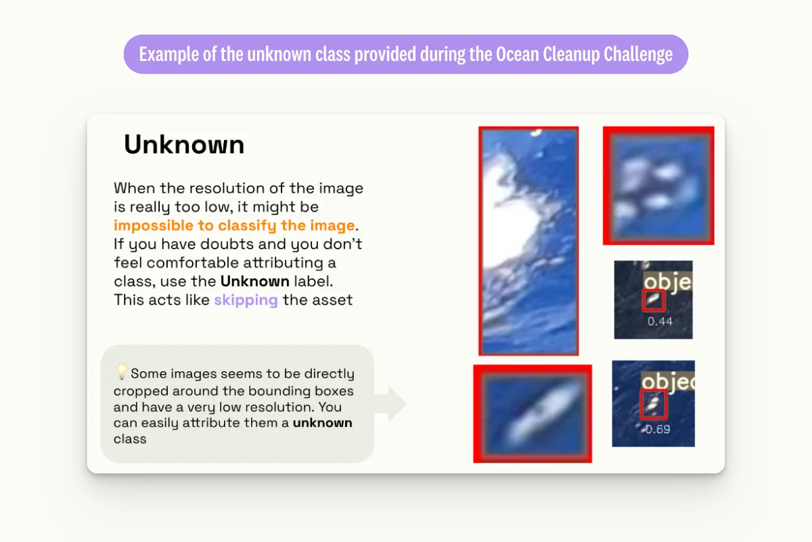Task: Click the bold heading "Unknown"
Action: click(183, 145)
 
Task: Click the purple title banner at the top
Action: click(405, 54)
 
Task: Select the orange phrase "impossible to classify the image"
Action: click(234, 226)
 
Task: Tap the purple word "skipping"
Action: click(246, 299)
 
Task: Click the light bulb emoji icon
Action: click(121, 372)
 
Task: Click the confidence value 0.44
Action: click(659, 322)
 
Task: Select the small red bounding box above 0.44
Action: click(653, 299)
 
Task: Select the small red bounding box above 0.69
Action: click(654, 404)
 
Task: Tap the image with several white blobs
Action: click(658, 185)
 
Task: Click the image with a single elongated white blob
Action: click(532, 413)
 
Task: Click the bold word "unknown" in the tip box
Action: click(322, 423)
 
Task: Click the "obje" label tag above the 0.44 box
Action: click(667, 282)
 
